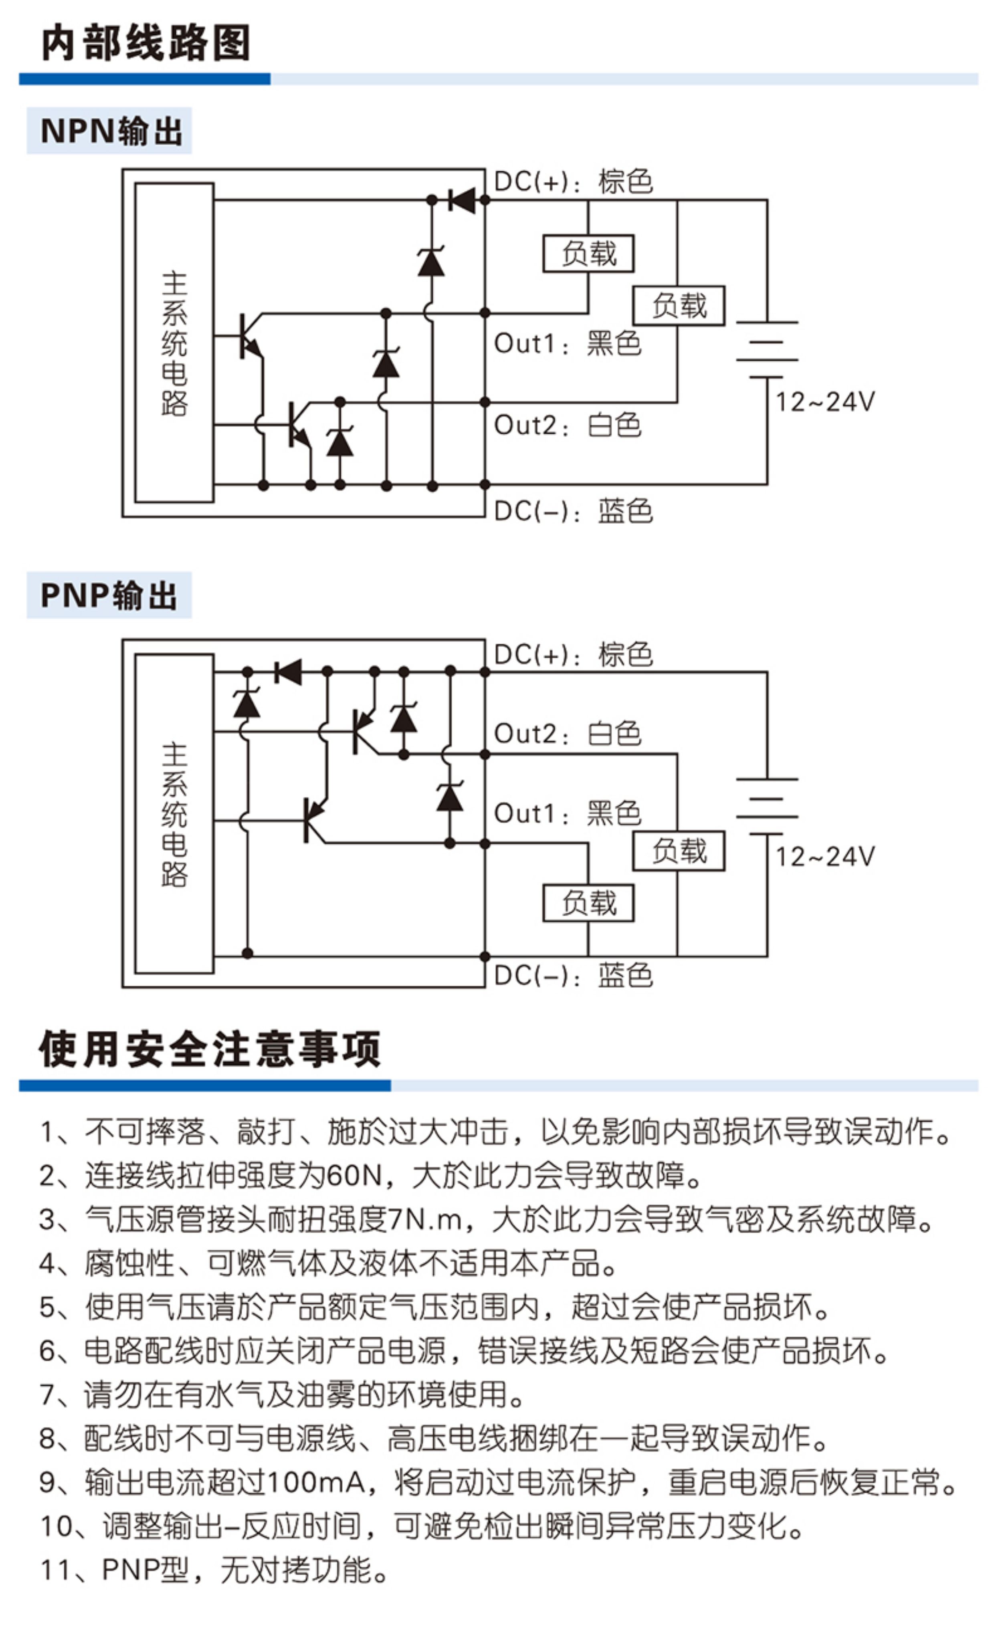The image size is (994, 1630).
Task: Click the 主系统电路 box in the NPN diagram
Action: coord(174,343)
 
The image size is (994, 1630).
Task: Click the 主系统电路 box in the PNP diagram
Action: coord(174,814)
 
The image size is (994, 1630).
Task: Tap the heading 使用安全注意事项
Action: coord(210,1049)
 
